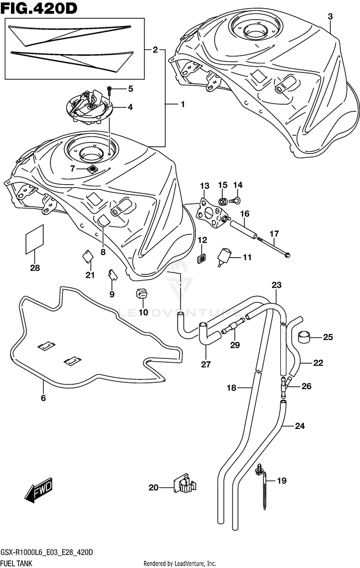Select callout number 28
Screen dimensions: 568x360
click(35, 268)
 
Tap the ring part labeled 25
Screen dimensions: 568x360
click(304, 337)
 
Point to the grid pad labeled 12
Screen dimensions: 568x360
click(202, 258)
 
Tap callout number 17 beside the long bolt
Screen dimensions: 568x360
click(274, 234)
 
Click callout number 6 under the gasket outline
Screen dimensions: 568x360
click(43, 398)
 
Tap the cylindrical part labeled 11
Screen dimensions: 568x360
click(225, 256)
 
